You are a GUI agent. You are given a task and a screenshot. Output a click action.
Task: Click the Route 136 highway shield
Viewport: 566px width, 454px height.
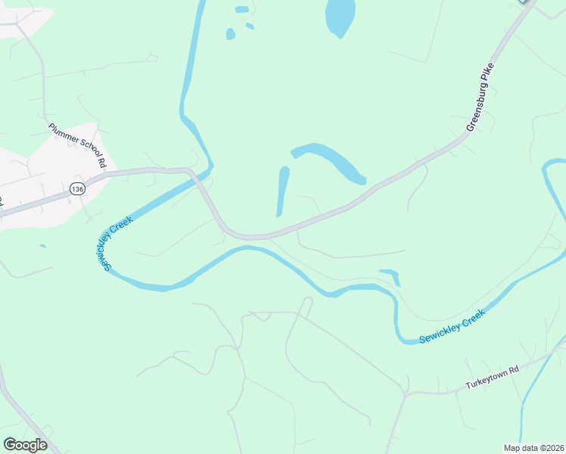click(x=76, y=188)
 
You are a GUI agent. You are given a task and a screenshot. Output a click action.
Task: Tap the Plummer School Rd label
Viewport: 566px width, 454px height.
click(x=78, y=145)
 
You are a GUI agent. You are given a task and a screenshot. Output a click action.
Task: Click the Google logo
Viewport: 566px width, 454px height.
click(x=25, y=445)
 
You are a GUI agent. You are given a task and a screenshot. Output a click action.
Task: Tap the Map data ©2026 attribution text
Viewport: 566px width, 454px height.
click(x=533, y=448)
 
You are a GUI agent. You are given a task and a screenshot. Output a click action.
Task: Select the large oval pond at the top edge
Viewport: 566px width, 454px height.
click(x=340, y=17)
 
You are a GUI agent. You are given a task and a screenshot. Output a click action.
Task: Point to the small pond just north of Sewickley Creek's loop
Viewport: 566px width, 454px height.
click(x=391, y=275)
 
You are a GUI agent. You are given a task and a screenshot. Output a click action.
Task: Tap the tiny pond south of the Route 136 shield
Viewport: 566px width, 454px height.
click(x=42, y=245)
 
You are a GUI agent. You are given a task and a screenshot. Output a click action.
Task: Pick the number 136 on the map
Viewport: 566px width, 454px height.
click(x=76, y=188)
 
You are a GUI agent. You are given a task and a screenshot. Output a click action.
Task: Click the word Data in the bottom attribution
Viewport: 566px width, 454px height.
click(x=527, y=448)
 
